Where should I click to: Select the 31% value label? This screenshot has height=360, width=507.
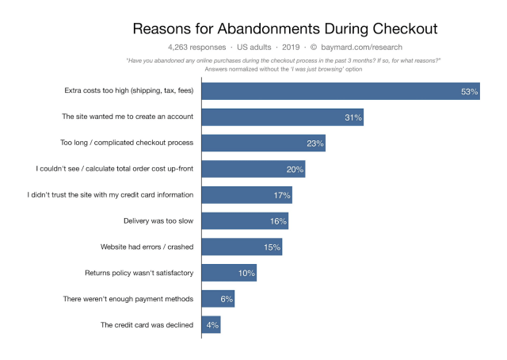[353, 117]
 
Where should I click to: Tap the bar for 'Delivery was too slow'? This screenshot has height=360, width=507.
[245, 220]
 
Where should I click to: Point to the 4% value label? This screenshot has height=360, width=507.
[212, 324]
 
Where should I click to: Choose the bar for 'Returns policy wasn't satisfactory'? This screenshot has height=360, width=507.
[229, 273]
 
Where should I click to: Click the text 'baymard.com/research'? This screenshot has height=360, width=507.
[362, 47]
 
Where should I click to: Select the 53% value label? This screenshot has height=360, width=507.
[469, 92]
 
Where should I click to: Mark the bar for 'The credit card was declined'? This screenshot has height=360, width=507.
[211, 324]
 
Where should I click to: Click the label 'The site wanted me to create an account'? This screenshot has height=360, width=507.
[128, 117]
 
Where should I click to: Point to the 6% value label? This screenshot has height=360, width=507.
[226, 299]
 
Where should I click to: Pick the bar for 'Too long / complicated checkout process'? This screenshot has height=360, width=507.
[263, 144]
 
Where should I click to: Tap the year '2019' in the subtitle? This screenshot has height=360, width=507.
[288, 47]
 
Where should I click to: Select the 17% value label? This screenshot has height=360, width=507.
[281, 195]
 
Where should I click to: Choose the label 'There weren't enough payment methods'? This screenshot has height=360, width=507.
[128, 299]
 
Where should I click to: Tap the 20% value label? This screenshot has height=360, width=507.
[295, 169]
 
